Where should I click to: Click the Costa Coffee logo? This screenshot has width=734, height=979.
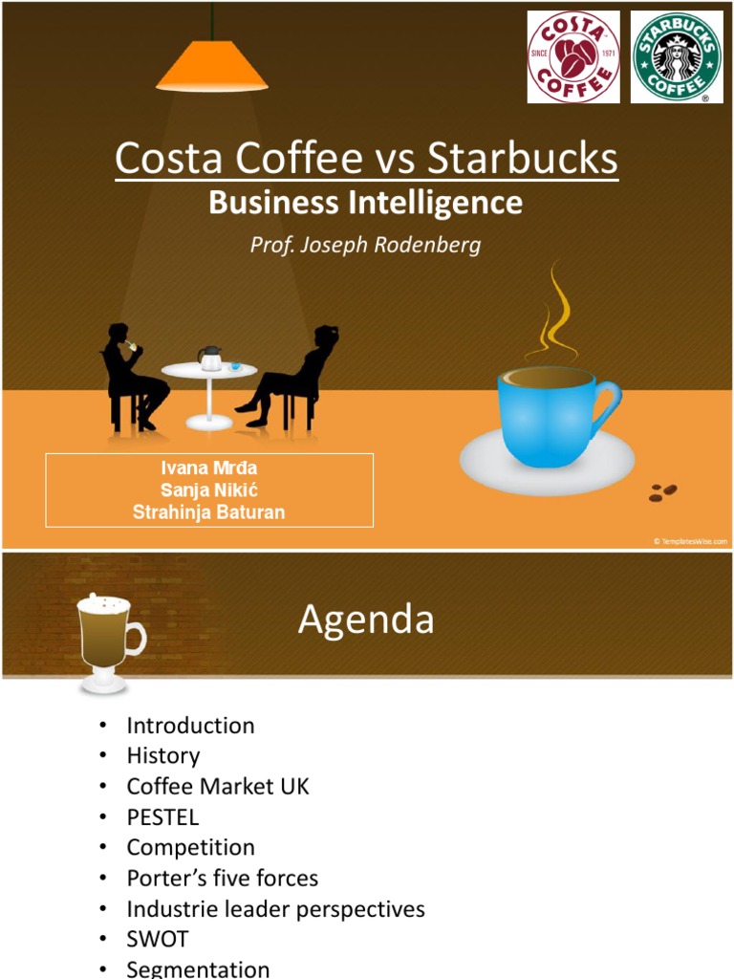point(573,56)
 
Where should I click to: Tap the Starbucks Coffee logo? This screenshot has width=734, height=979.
point(677,56)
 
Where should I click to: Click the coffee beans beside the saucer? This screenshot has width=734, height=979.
point(662,491)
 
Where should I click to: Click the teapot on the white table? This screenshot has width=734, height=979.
point(209,359)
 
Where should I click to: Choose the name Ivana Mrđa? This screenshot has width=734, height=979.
point(208,468)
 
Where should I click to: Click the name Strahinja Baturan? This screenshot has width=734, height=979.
point(208,512)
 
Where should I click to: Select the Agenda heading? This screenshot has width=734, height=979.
point(366,620)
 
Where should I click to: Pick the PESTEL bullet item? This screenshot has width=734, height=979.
point(162,816)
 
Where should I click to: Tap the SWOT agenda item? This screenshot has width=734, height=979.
point(158,939)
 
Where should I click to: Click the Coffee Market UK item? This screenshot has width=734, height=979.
point(218,786)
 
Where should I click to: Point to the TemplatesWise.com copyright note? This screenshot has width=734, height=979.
point(690,541)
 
